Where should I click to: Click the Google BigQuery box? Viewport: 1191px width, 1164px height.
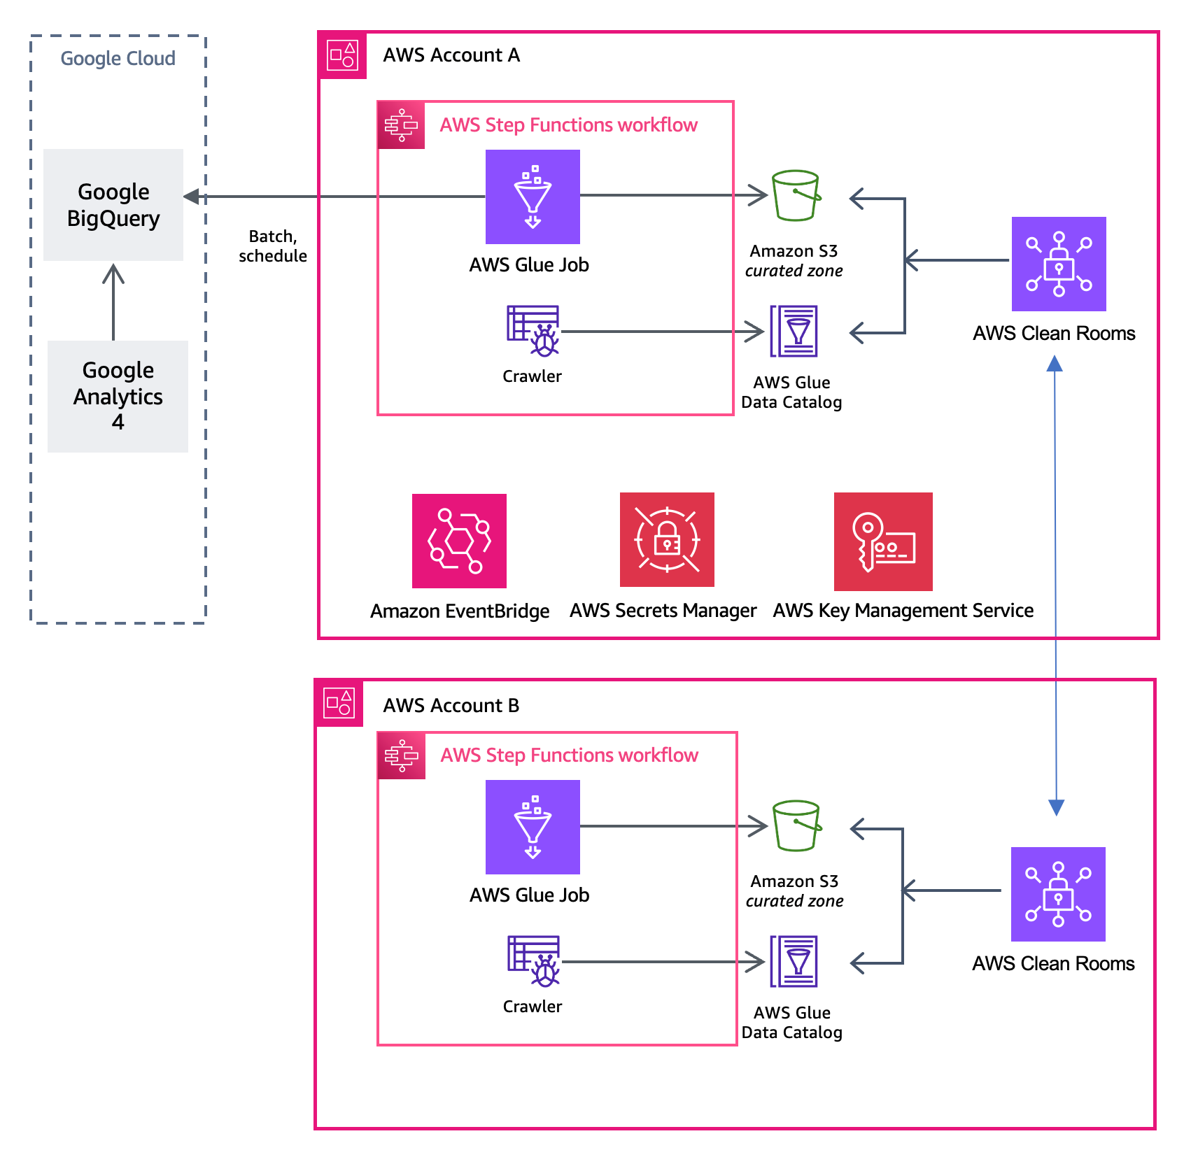click(x=113, y=204)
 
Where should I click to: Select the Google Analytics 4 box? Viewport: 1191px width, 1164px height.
click(x=118, y=396)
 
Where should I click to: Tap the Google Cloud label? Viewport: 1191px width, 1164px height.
click(x=118, y=58)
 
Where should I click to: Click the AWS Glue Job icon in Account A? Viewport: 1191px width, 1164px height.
click(x=533, y=197)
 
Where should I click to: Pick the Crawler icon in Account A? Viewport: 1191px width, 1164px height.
click(x=533, y=331)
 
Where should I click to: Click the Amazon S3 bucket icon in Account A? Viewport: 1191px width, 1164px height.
click(x=795, y=195)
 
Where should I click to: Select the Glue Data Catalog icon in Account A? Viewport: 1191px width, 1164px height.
click(x=794, y=331)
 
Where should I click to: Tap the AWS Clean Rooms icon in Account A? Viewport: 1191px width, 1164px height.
click(x=1058, y=264)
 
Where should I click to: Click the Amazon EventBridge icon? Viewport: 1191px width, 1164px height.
click(x=459, y=541)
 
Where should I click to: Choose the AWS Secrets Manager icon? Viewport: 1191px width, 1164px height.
click(x=667, y=539)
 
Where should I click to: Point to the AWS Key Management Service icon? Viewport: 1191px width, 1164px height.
click(x=883, y=541)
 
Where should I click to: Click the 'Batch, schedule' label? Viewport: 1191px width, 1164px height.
click(x=273, y=246)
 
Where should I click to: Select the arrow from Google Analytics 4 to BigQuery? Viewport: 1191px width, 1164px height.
click(x=113, y=301)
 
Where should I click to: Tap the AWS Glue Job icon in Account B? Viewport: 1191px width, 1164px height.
click(x=533, y=827)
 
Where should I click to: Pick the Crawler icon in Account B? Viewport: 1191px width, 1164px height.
click(x=533, y=961)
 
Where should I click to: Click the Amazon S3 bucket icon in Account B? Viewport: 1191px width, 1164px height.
click(x=796, y=825)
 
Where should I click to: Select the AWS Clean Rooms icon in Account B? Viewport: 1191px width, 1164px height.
click(x=1057, y=894)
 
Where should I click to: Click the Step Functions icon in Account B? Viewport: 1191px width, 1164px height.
click(x=402, y=755)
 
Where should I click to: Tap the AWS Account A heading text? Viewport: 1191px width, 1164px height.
click(x=451, y=55)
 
